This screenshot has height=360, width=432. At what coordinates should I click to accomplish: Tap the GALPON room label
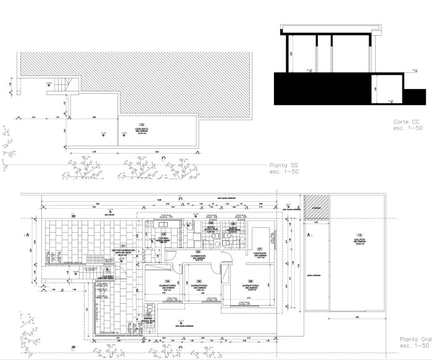tap(359, 240)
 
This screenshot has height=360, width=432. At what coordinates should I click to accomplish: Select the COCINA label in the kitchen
tap(164, 238)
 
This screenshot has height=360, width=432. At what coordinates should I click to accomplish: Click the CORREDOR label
tap(199, 256)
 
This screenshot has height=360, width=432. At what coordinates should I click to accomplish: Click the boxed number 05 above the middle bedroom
tap(199, 281)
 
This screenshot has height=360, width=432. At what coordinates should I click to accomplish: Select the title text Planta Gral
tap(413, 340)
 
